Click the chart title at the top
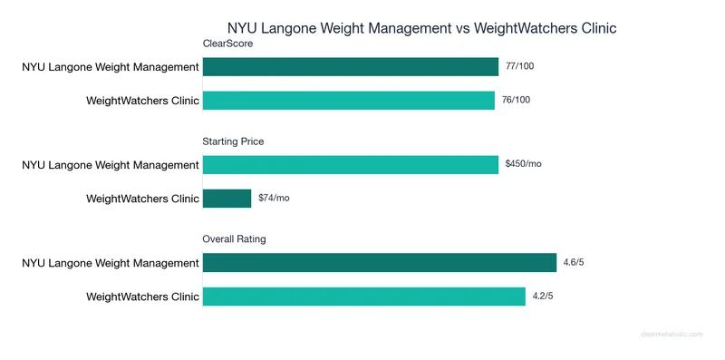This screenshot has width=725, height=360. point(421,28)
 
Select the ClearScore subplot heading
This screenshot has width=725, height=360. point(227,44)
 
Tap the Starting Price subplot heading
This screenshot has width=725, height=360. point(233,141)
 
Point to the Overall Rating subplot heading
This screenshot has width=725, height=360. point(234,238)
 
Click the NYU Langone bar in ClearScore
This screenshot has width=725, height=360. point(350,66)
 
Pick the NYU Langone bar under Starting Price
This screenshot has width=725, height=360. point(350,164)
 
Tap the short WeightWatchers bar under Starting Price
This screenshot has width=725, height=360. point(227,198)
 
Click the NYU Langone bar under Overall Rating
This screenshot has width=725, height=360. point(379,262)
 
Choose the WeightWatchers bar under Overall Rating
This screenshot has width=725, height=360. point(363,296)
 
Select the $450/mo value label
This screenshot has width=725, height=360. point(523,164)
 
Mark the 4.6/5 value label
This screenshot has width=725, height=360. point(574,262)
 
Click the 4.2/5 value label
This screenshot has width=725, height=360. point(543,296)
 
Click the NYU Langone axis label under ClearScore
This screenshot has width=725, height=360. point(111,66)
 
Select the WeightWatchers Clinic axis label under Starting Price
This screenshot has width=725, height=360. point(142,198)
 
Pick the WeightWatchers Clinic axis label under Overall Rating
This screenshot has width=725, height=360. point(142,296)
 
